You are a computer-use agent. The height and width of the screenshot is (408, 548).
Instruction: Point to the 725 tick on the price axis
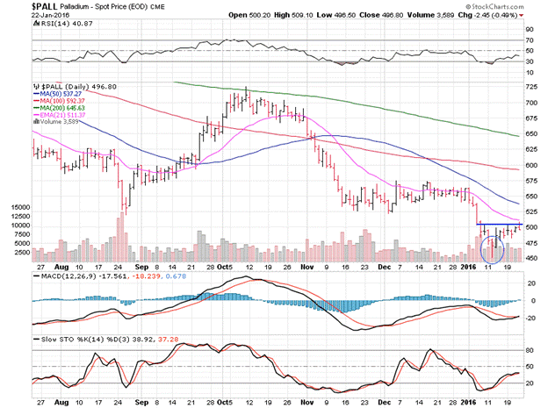pyautogui.click(x=532, y=87)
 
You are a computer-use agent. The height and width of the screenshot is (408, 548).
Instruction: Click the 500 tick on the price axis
pyautogui.click(x=532, y=226)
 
